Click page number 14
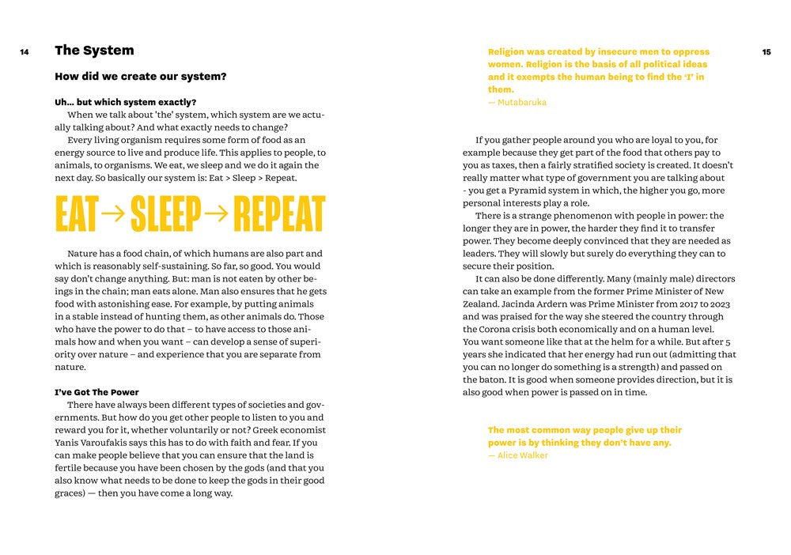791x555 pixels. pos(25,52)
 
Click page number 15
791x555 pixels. pos(766,52)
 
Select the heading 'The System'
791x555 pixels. pos(94,51)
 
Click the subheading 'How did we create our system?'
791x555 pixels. pos(140,77)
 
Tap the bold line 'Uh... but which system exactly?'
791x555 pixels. pos(125,102)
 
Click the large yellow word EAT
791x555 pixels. pos(77,213)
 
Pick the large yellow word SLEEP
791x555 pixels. pos(166,213)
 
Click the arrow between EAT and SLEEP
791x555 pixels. pos(114,213)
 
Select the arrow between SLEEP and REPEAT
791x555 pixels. pos(216,213)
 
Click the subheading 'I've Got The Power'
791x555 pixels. pos(97,392)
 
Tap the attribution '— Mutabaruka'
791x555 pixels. pos(517,102)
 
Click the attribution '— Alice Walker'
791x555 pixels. pos(517,455)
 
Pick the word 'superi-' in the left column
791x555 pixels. pos(305,342)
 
